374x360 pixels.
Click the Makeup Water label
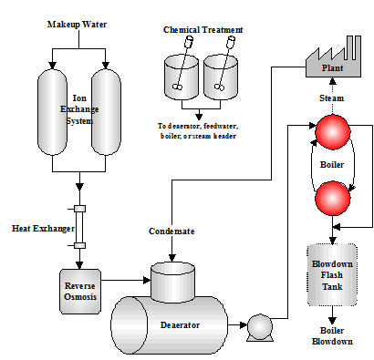77,25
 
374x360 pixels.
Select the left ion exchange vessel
52,112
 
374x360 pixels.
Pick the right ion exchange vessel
106,112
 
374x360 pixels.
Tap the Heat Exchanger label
43,229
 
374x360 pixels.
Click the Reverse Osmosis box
80,292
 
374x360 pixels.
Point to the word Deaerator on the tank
180,325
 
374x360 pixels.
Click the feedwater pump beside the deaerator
260,327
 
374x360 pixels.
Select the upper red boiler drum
333,132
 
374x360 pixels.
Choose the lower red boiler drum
333,199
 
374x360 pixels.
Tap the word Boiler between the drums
332,165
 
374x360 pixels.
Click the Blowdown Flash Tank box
332,274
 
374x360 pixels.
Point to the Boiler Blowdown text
332,336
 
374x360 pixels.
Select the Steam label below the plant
332,98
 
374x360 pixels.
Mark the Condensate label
171,231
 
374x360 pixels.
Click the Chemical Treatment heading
203,30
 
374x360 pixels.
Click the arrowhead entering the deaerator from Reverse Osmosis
147,280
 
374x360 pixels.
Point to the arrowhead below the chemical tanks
199,117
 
